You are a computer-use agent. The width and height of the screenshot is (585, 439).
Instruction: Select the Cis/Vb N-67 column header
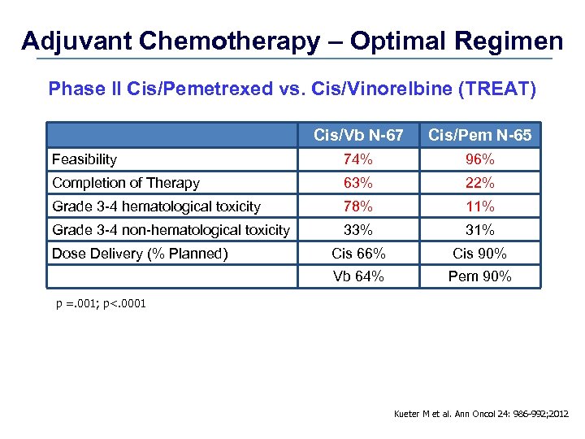(x=358, y=135)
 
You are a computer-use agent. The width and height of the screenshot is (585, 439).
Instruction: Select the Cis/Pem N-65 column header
(x=479, y=135)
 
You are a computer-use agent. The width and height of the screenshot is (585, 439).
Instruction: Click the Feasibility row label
(x=84, y=159)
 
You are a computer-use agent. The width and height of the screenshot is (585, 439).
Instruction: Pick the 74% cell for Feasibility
(x=358, y=159)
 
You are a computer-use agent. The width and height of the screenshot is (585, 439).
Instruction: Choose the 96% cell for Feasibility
(x=479, y=159)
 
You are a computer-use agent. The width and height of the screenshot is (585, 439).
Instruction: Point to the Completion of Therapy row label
(x=126, y=183)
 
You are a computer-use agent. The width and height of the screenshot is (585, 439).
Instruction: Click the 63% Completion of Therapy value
(x=358, y=183)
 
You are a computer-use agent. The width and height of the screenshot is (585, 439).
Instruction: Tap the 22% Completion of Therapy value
(x=479, y=183)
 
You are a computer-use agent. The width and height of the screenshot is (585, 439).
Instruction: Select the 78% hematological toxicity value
(x=358, y=206)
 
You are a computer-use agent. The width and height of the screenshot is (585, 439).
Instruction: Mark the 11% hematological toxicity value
(x=479, y=206)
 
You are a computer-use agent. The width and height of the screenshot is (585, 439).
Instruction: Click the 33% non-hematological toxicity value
(x=358, y=230)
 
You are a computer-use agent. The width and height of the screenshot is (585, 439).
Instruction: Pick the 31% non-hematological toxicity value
(x=479, y=230)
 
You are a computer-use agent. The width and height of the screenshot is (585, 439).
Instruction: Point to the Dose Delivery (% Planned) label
(x=140, y=254)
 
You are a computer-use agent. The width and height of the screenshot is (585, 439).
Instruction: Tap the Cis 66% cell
(x=358, y=254)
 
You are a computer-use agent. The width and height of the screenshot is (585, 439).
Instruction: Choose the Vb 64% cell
(x=358, y=276)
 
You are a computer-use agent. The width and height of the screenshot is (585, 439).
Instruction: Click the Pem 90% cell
(x=479, y=276)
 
